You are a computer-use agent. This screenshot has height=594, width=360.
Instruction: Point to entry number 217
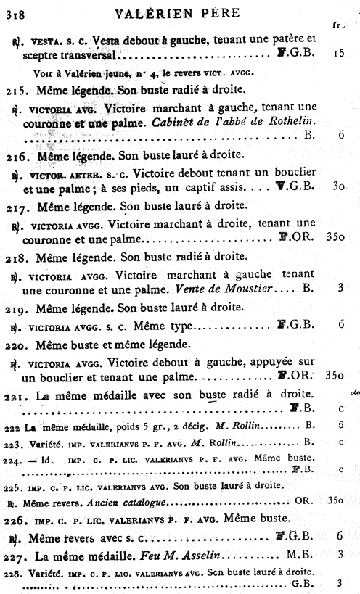[16, 205]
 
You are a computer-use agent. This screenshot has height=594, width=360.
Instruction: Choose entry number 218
[16, 257]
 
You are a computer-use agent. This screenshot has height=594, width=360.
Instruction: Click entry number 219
[16, 307]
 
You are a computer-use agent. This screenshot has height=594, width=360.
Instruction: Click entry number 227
[16, 553]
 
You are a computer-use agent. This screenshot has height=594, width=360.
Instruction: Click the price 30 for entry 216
[338, 186]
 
